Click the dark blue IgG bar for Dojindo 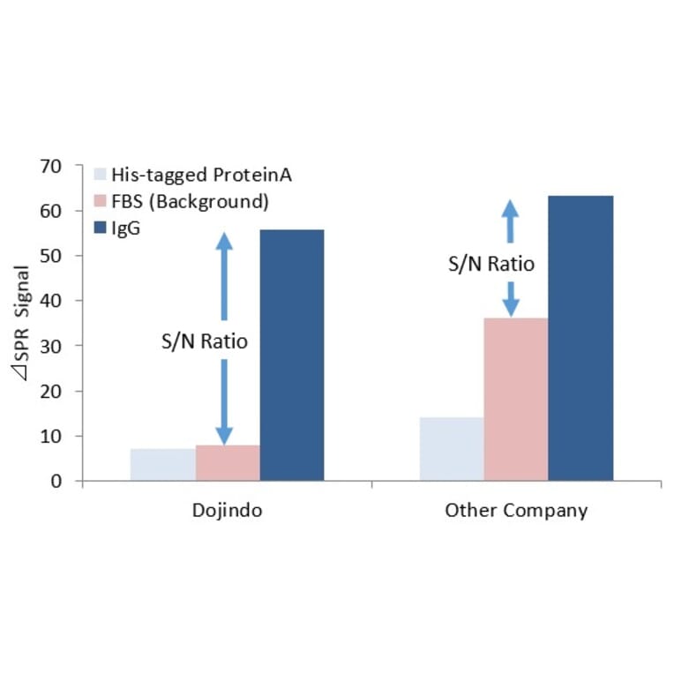[293, 355]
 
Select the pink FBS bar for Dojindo [228, 463]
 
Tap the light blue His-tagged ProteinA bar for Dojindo [163, 465]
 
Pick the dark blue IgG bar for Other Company [580, 338]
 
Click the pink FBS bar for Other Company [516, 399]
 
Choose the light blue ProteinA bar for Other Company [452, 449]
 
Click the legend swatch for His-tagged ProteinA [100, 175]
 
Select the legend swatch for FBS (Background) [100, 201]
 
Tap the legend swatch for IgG [100, 228]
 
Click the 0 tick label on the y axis [56, 482]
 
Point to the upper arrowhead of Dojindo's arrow [224, 241]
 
